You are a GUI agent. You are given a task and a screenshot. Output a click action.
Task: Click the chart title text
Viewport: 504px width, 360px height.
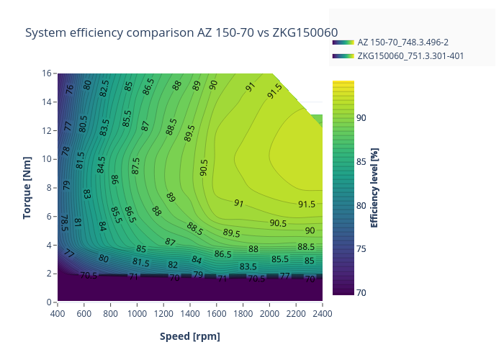[x=181, y=32]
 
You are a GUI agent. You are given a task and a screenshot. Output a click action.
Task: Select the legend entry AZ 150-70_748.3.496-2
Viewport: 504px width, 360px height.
[x=402, y=42]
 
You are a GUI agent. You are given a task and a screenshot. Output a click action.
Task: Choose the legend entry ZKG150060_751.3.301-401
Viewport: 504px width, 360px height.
[x=410, y=55]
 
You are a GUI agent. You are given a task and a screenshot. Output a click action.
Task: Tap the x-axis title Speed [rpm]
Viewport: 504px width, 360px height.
[x=190, y=336]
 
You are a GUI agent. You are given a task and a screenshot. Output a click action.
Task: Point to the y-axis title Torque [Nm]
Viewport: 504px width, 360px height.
[x=27, y=187]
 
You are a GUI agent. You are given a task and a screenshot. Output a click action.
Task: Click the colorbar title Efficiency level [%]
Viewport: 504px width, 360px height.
[x=374, y=187]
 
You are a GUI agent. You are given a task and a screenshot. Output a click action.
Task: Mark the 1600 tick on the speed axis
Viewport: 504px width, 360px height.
[x=216, y=313]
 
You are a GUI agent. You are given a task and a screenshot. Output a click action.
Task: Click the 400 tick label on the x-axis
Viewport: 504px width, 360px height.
[x=58, y=313]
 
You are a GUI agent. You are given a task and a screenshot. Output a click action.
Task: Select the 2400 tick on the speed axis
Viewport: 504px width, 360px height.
[x=322, y=313]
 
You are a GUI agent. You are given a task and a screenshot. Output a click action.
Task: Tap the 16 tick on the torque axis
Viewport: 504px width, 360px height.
[x=47, y=73]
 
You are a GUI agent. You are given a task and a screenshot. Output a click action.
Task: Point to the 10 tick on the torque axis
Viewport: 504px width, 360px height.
[x=47, y=159]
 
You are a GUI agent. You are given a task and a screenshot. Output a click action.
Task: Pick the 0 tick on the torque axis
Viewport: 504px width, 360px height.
[x=50, y=302]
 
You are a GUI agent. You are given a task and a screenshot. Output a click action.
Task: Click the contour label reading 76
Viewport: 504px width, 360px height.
[x=70, y=89]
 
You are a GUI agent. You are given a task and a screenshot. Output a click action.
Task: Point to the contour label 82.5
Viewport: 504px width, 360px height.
[x=104, y=89]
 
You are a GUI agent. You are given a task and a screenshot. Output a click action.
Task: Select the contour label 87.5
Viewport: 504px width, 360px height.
[x=136, y=165]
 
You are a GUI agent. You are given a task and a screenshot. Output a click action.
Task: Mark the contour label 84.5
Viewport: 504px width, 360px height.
[x=102, y=165]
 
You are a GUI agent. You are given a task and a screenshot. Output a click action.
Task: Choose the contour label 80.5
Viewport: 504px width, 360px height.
[x=83, y=123]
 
